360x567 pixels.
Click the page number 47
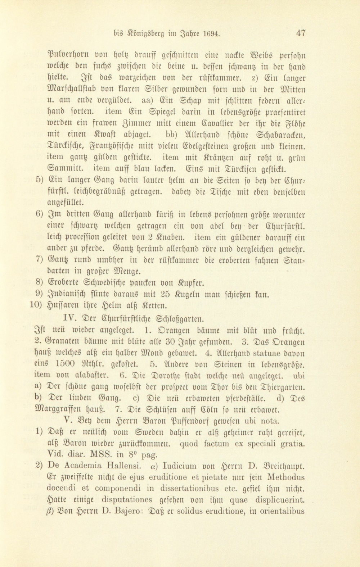[301, 33]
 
